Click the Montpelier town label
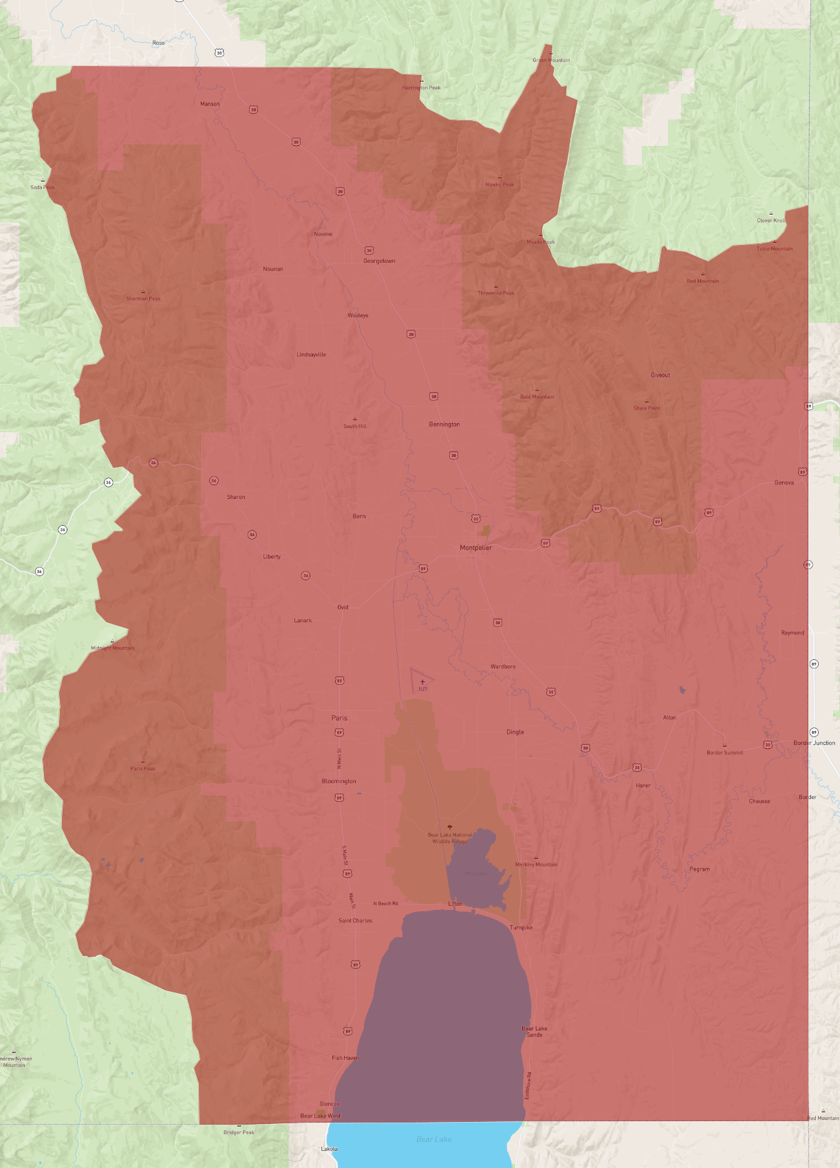[x=475, y=548]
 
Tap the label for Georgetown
[x=379, y=261]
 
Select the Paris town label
[x=339, y=718]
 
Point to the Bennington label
[x=444, y=424]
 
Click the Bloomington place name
[x=338, y=781]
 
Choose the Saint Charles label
[x=355, y=920]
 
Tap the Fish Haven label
[x=345, y=1058]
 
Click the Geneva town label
[x=784, y=482]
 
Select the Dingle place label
[x=515, y=732]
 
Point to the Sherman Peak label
[x=143, y=299]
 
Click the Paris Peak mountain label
[x=143, y=768]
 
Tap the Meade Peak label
[x=540, y=242]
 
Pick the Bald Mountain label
[x=537, y=396]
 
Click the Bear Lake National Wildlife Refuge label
[x=450, y=838]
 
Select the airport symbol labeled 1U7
[x=422, y=682]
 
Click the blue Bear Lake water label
[x=433, y=1139]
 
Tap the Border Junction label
[x=814, y=743]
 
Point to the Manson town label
[x=210, y=104]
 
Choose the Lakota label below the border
[x=329, y=1149]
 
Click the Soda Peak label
[x=43, y=187]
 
